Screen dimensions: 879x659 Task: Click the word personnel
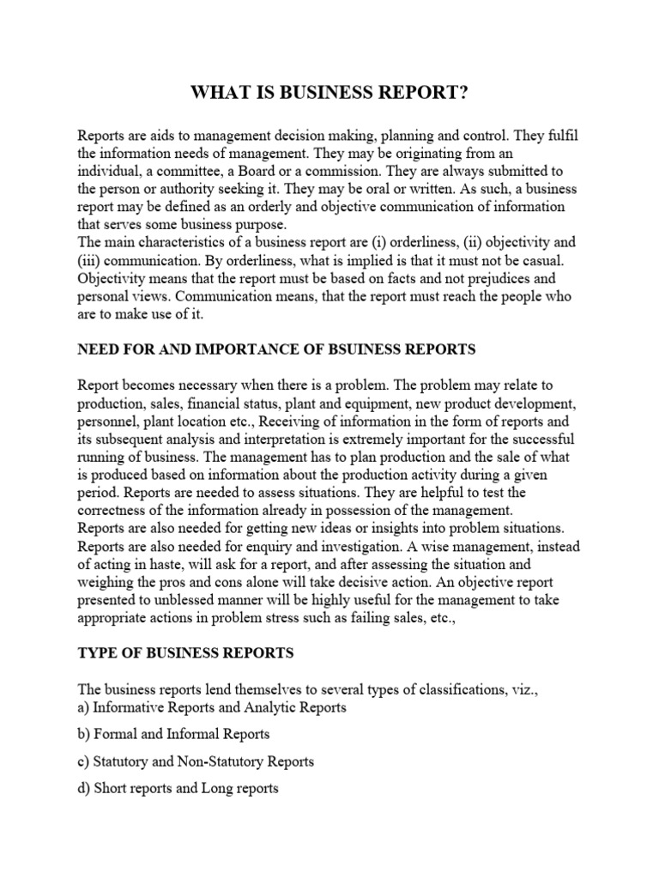108,421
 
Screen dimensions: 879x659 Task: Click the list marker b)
84,734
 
